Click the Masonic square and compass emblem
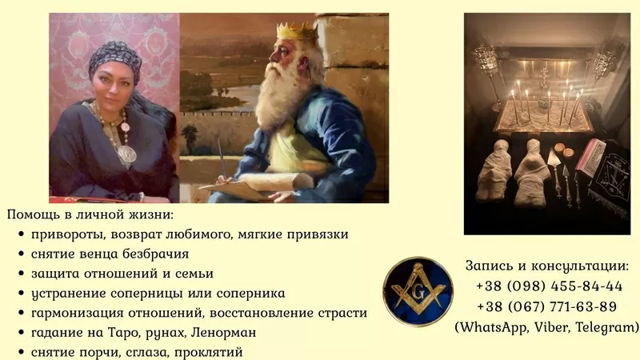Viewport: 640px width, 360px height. [x=418, y=291]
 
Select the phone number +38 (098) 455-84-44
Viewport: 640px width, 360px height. [x=548, y=286]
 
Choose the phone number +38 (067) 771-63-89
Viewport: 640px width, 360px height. [x=548, y=306]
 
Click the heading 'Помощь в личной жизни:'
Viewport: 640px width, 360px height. [x=90, y=215]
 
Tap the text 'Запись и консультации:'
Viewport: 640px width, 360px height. [x=546, y=266]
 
